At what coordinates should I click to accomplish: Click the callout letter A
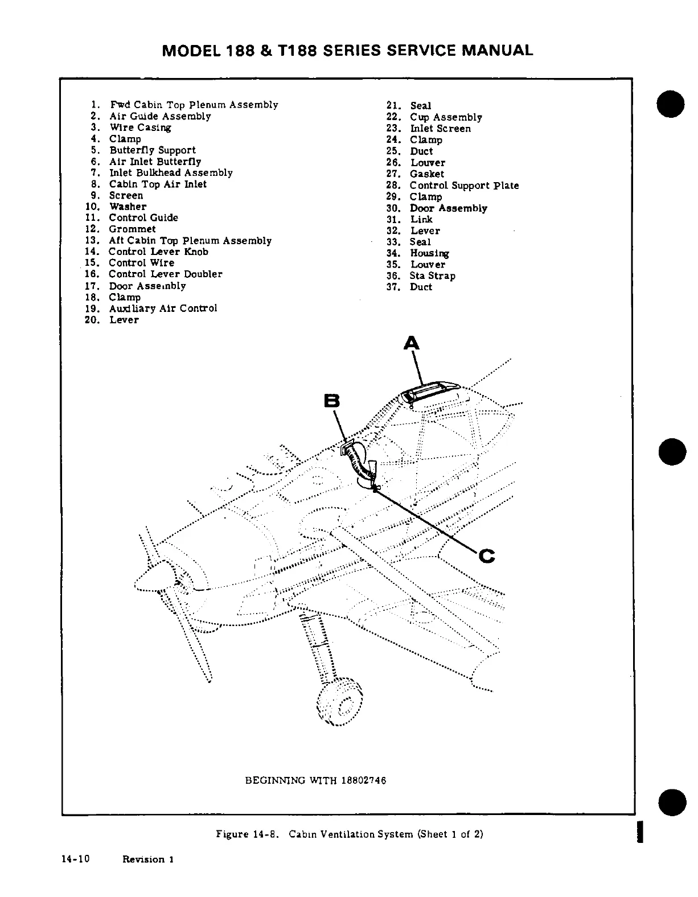pyautogui.click(x=411, y=343)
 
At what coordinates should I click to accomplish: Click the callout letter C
pyautogui.click(x=487, y=555)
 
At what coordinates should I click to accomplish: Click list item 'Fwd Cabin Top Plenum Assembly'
pyautogui.click(x=194, y=105)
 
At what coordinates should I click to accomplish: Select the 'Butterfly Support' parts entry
pyautogui.click(x=152, y=150)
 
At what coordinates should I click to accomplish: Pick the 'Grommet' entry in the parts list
pyautogui.click(x=132, y=229)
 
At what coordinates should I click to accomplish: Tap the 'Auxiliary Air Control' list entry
pyautogui.click(x=163, y=308)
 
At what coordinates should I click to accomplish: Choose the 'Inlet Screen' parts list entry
pyautogui.click(x=440, y=129)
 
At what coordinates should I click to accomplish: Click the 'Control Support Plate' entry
pyautogui.click(x=464, y=186)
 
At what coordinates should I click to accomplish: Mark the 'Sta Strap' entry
pyautogui.click(x=432, y=276)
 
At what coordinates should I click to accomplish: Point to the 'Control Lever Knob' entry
pyautogui.click(x=158, y=252)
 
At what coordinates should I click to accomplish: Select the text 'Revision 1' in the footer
pyautogui.click(x=148, y=859)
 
